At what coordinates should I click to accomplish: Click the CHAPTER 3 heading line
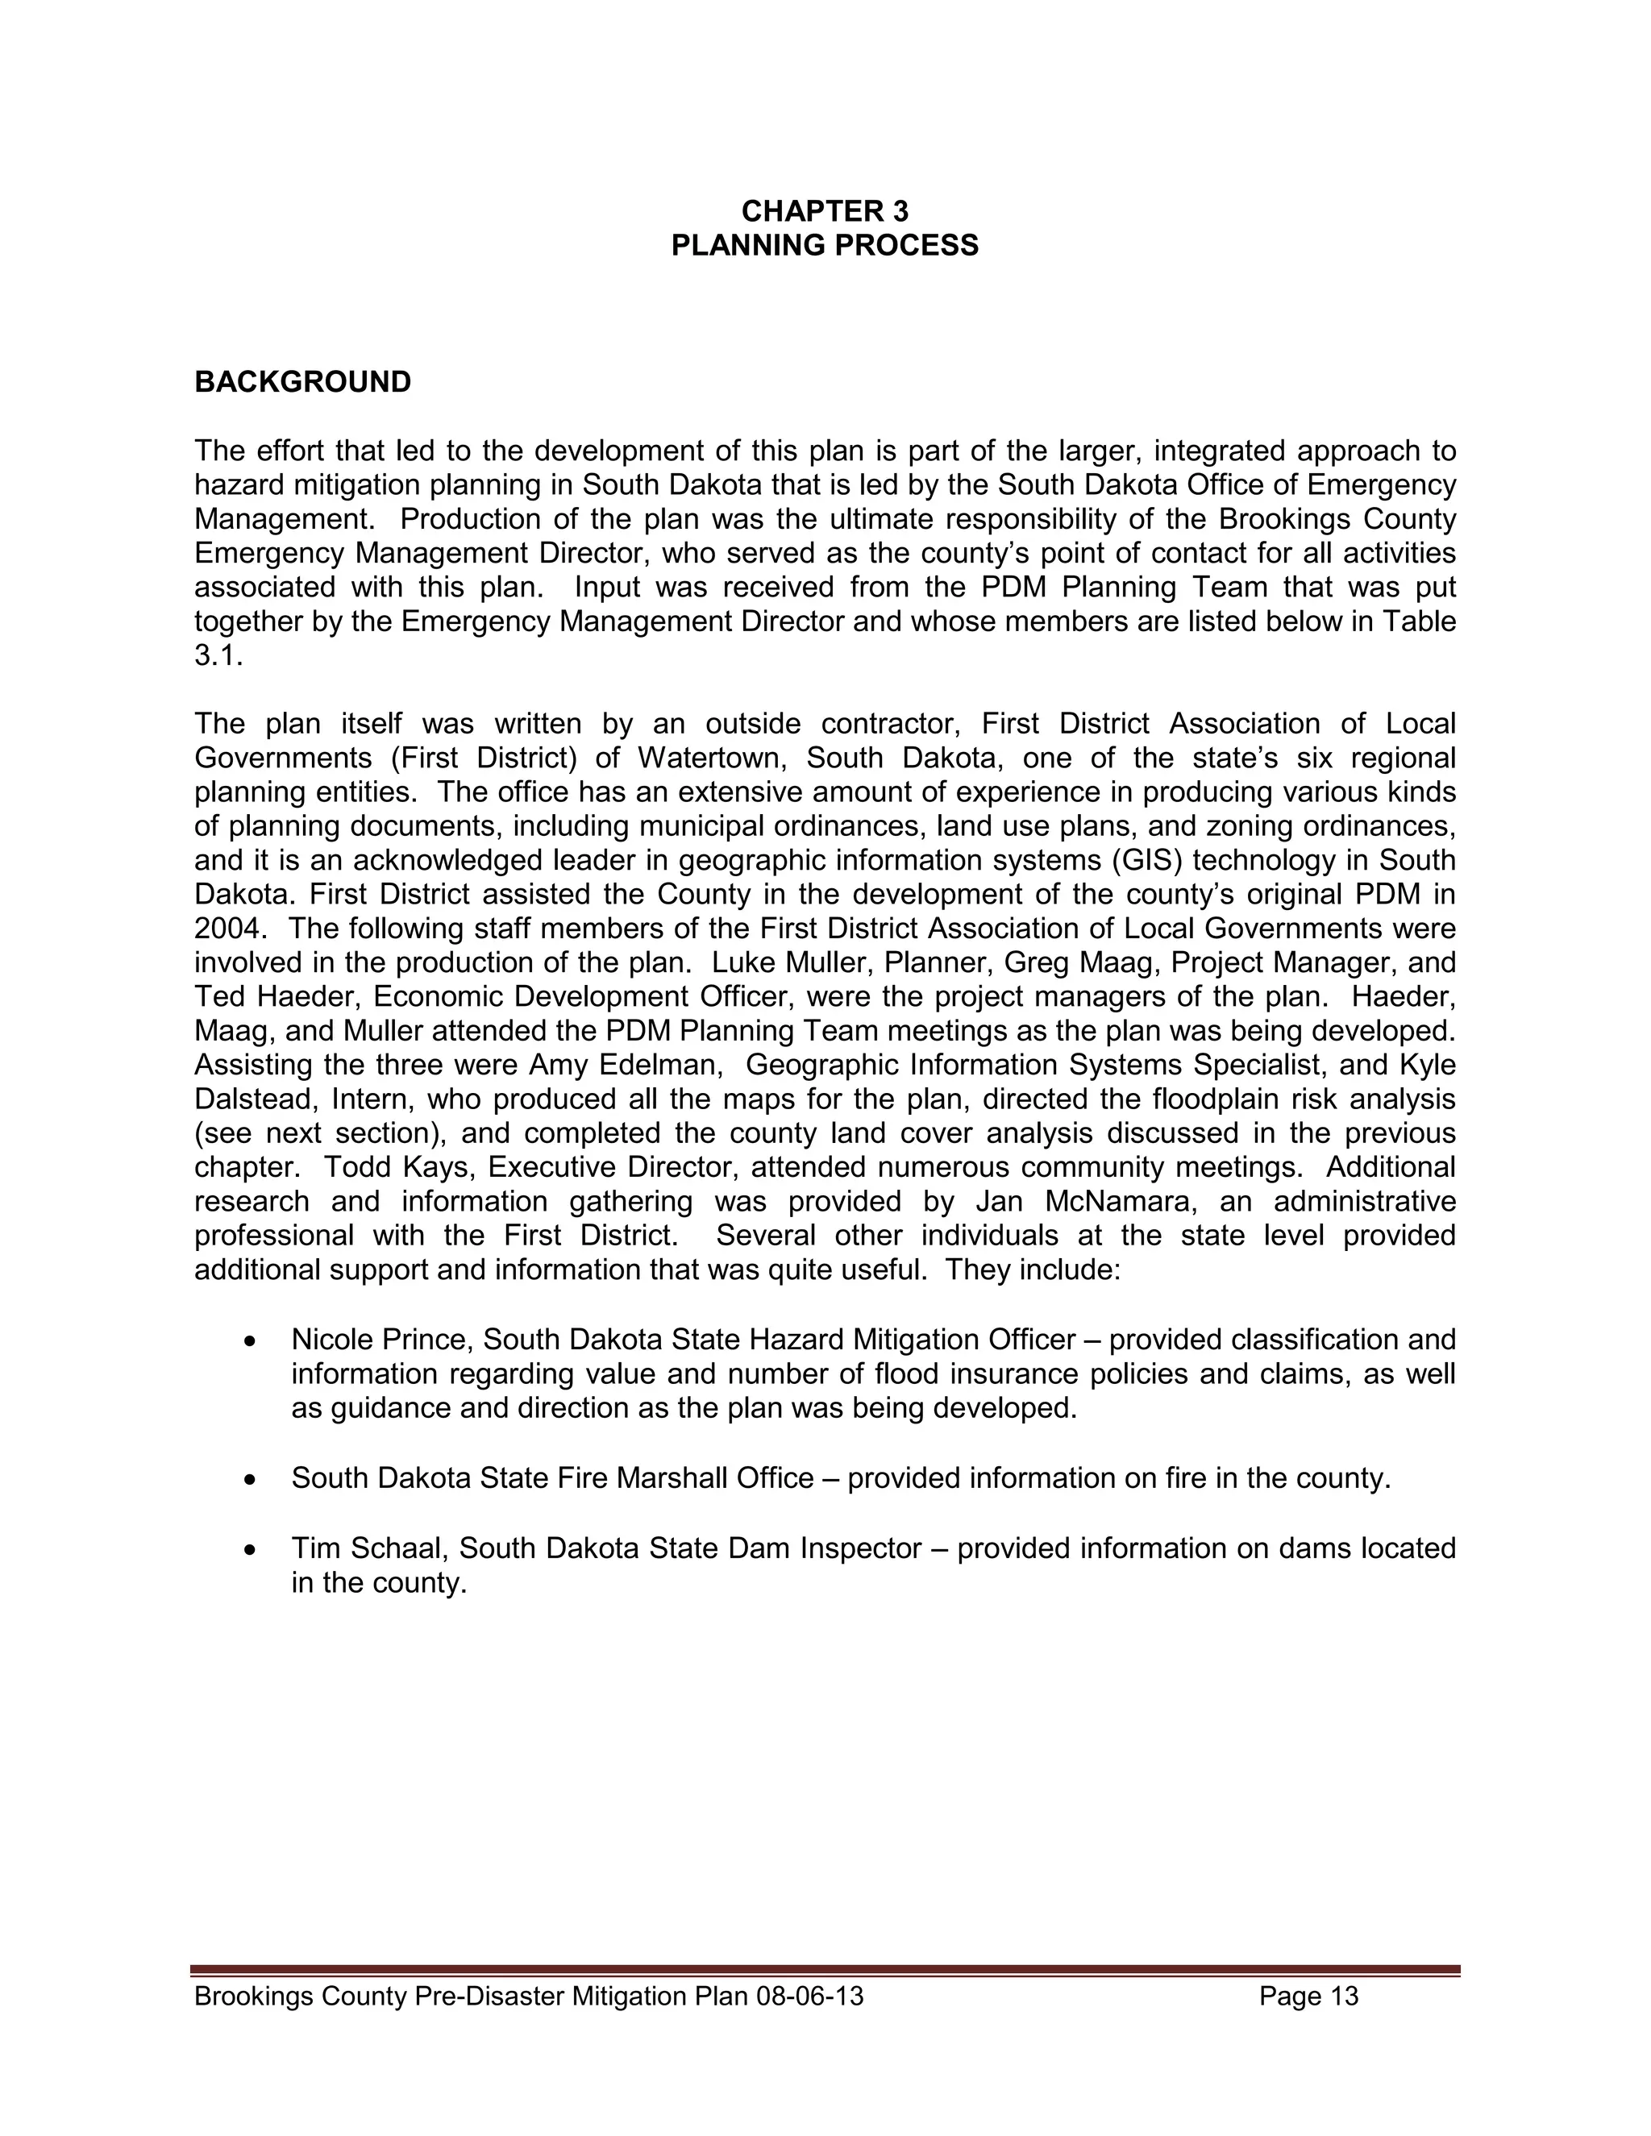coord(825,211)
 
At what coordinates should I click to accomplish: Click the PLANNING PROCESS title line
coord(825,246)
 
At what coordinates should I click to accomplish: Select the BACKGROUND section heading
coord(302,382)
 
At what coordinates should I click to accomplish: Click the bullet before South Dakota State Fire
coord(252,1481)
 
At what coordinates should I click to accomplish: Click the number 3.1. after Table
coord(217,655)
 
